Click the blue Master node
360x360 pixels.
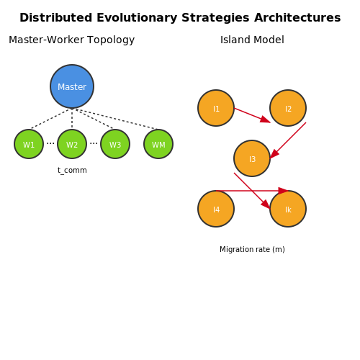click(72, 86)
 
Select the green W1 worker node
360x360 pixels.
click(29, 144)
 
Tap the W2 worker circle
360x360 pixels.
click(72, 144)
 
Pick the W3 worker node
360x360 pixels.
click(115, 144)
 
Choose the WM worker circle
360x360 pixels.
click(158, 144)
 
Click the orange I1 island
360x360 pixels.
click(216, 108)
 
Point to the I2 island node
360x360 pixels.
click(288, 108)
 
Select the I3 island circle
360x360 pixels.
click(252, 158)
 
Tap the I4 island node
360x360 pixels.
click(216, 209)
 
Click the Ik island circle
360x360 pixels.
click(288, 209)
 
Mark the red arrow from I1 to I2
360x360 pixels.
click(252, 115)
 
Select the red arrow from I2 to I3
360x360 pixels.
click(288, 140)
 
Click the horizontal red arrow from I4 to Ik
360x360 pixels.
click(252, 191)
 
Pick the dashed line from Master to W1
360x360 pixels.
click(50, 119)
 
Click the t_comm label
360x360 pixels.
click(72, 171)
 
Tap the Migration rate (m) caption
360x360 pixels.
click(252, 249)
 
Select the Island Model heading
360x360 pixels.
click(252, 40)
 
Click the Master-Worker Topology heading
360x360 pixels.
click(72, 40)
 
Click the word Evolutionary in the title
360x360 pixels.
click(137, 18)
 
